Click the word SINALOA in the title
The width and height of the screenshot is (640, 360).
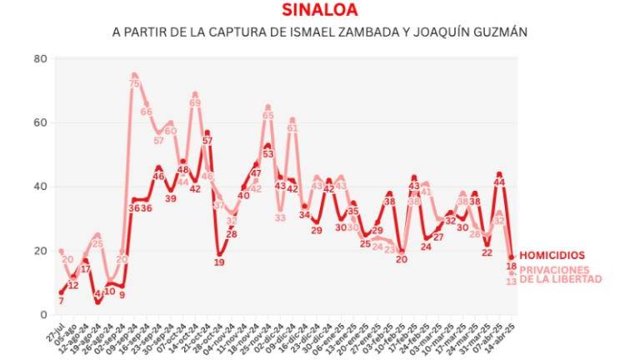(x=320, y=11)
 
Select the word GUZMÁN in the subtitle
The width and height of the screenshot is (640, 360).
(x=501, y=32)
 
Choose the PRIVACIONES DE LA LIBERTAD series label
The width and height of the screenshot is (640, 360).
(x=560, y=275)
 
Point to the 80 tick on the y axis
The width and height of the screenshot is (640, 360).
(x=39, y=59)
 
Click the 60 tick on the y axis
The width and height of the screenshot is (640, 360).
(x=39, y=122)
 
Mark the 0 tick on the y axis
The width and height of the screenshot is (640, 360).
(x=42, y=315)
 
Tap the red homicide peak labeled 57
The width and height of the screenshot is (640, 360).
(x=207, y=132)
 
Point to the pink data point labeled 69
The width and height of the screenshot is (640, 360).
(x=195, y=95)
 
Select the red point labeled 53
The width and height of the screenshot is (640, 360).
(x=267, y=146)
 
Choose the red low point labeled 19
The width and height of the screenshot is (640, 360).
(x=219, y=253)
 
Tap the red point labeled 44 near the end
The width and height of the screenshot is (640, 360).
(x=498, y=174)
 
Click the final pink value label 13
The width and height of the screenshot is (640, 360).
(x=512, y=282)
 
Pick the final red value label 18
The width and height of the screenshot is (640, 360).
(x=512, y=266)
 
